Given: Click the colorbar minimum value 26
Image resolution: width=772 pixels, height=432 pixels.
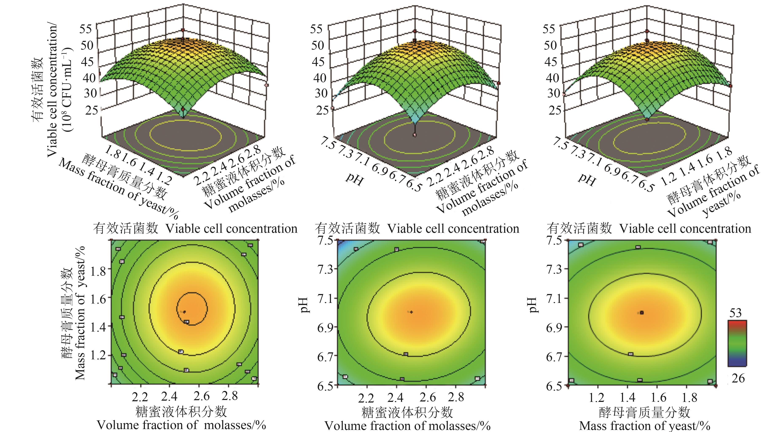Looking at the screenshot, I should [x=738, y=379].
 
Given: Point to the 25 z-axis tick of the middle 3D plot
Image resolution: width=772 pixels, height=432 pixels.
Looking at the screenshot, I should [x=322, y=110].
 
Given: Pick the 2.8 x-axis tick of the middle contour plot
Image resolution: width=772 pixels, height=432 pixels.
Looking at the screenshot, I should [x=456, y=397].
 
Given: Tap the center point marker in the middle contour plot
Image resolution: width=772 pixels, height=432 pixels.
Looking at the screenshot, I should [x=411, y=312].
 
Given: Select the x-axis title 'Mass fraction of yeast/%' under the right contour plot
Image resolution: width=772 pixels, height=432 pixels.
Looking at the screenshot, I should [x=645, y=426].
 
